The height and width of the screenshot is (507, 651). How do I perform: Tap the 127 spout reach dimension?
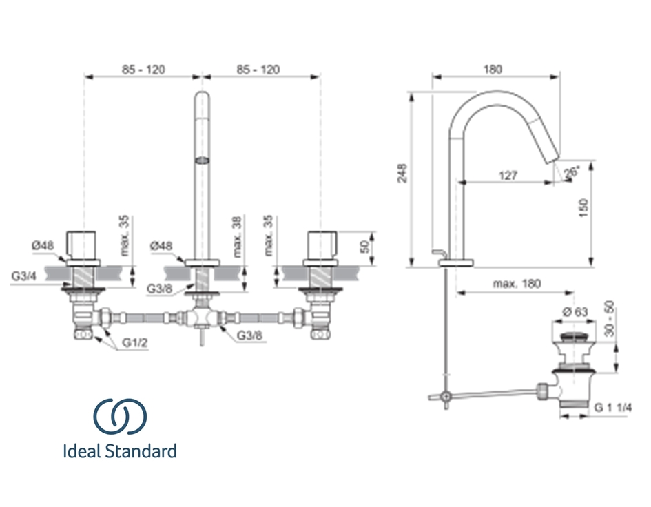(x=507, y=176)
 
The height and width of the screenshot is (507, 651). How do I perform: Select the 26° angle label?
(x=572, y=172)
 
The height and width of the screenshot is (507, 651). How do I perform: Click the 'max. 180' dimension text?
(x=517, y=284)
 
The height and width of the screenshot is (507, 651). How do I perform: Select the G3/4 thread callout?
(x=24, y=276)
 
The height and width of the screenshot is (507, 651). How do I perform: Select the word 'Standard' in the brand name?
(x=142, y=452)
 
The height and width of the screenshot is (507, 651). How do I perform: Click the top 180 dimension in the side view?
(x=493, y=69)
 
